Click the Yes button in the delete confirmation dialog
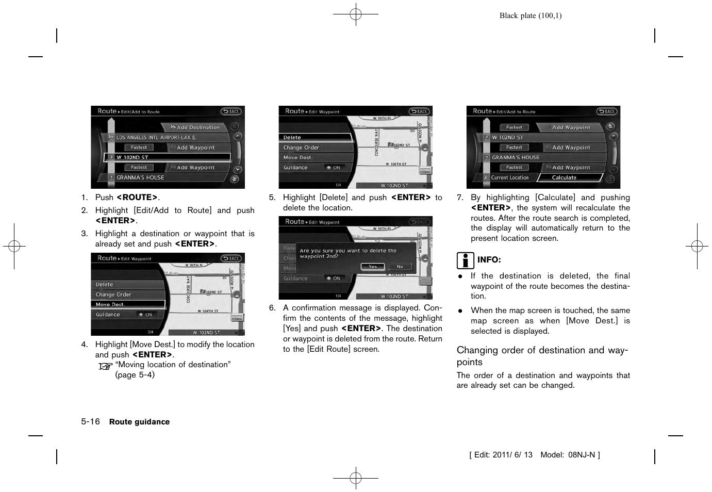tap(373, 267)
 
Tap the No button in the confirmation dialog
tap(400, 267)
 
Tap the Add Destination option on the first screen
tap(197, 127)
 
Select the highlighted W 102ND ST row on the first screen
tap(167, 157)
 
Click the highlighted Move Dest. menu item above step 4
tap(128, 304)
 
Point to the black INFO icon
tap(465, 260)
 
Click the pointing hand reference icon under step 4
tap(105, 366)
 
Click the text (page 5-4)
tap(135, 375)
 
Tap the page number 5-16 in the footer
tap(90, 421)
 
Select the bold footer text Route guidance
tap(139, 422)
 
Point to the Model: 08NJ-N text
tap(570, 455)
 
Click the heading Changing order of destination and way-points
tap(542, 356)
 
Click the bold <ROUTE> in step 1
tap(137, 198)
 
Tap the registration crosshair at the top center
tap(356, 14)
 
